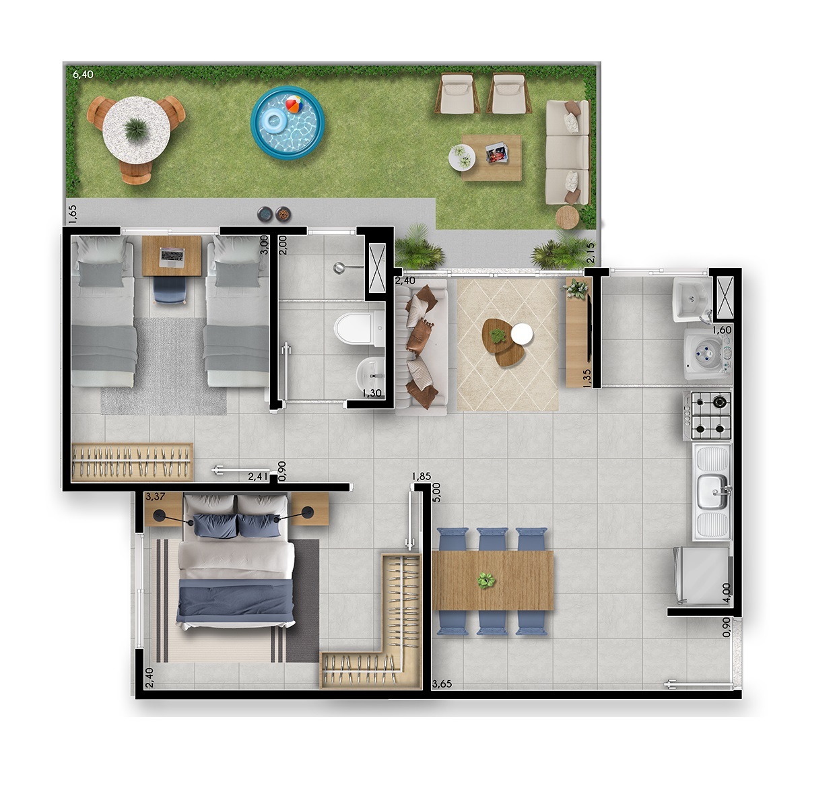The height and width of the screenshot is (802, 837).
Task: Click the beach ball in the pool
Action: pos(294,104)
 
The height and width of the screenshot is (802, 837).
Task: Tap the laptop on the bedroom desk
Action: pos(172,257)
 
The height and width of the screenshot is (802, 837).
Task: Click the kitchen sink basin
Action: pos(712,491)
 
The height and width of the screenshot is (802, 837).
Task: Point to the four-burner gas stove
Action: pos(708,415)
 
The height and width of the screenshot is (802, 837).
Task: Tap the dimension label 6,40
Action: pos(83,74)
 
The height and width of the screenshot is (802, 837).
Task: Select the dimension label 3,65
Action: pos(442,683)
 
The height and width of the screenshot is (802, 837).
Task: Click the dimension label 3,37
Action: pos(156,497)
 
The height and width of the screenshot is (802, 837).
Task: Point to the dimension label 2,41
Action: pos(258,477)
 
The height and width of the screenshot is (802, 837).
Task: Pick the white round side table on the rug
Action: pos(522,334)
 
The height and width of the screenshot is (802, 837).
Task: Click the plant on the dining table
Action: pos(486,580)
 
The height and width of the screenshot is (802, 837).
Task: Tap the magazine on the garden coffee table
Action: pos(497,153)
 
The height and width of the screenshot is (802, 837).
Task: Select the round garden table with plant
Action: pos(136,130)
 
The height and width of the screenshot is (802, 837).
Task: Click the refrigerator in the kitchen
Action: pos(702,575)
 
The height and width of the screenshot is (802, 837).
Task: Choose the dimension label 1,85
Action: pos(421,476)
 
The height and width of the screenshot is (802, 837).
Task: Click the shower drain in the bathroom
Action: pos(339,268)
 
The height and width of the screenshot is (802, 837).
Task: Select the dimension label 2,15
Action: pos(591,253)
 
